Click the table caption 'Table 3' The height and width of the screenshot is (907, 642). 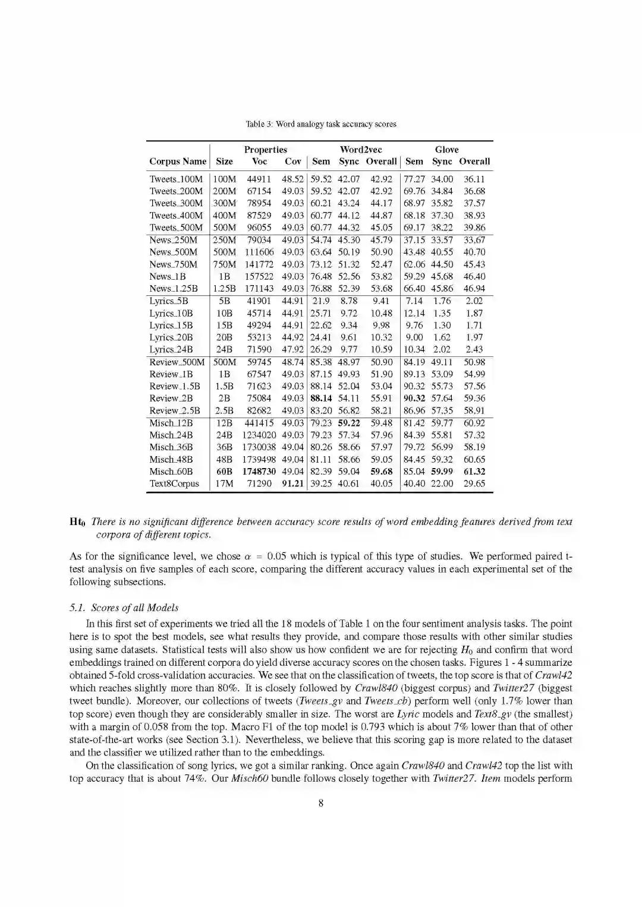(321, 124)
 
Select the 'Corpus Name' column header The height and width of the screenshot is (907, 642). (178, 161)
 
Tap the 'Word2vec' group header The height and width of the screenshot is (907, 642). (361, 150)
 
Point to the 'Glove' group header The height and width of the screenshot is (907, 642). (446, 150)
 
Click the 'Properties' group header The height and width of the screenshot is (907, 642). (265, 150)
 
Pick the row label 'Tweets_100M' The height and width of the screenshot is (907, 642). (176, 179)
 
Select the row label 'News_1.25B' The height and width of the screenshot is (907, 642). (176, 288)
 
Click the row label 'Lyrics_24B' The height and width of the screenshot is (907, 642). (171, 349)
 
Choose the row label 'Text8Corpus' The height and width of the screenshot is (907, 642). (174, 483)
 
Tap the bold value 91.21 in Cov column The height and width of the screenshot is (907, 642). (292, 483)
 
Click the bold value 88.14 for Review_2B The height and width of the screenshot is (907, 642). (321, 398)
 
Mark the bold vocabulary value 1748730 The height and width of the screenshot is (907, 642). (259, 471)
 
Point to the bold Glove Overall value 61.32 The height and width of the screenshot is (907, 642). (474, 471)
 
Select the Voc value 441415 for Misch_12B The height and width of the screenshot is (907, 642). (259, 423)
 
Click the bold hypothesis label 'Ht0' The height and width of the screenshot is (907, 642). (78, 522)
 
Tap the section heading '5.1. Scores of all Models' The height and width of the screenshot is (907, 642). (124, 608)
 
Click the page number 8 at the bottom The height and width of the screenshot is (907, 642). (321, 803)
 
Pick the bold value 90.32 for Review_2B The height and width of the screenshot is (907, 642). (414, 398)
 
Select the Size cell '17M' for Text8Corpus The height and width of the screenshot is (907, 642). (224, 483)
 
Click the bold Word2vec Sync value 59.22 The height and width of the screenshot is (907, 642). (349, 423)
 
